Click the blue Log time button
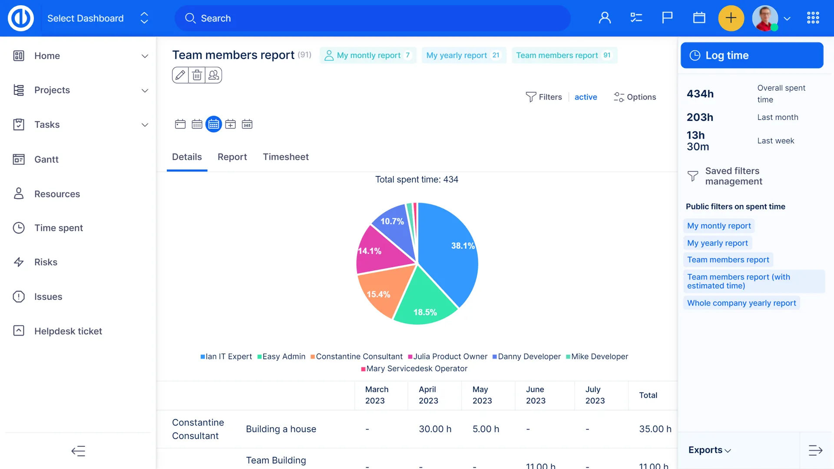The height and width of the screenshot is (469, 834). [751, 55]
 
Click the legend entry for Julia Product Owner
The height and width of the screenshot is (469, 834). [448, 356]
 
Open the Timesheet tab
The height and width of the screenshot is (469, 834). [285, 157]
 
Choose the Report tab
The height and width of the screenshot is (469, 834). [232, 157]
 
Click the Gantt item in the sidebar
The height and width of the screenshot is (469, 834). [46, 160]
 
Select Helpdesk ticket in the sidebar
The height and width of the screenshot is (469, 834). [68, 331]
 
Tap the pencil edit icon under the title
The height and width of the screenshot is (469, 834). [180, 75]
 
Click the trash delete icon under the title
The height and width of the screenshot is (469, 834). [197, 75]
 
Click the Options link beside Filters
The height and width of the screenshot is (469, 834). [635, 97]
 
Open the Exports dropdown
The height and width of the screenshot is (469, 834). [709, 450]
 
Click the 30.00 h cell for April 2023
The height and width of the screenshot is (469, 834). [435, 429]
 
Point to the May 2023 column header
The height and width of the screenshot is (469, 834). [482, 395]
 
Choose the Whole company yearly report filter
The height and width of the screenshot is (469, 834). [741, 303]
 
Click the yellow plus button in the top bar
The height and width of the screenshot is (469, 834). [731, 18]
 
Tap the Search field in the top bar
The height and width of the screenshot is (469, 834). [373, 18]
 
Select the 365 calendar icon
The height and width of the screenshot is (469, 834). [247, 124]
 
